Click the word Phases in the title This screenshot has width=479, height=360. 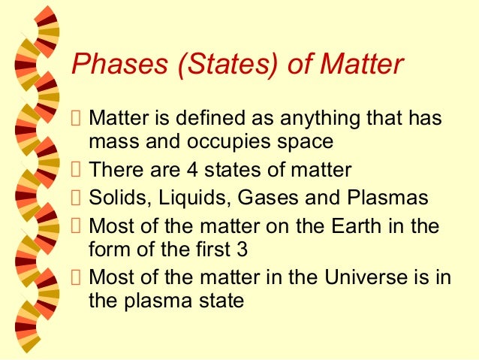point(120,64)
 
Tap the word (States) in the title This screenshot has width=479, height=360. point(228,64)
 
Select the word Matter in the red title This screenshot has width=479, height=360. point(362,64)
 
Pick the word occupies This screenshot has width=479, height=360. point(229,142)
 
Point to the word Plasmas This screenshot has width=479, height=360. point(387,197)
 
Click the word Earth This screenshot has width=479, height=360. point(357,225)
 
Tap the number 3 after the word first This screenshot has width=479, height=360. point(242,249)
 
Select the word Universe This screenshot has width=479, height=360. point(366,277)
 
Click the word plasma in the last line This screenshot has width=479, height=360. point(158,301)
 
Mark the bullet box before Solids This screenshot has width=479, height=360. point(76,198)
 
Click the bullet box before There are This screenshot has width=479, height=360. point(76,169)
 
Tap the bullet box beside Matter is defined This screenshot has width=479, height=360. point(76,118)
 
